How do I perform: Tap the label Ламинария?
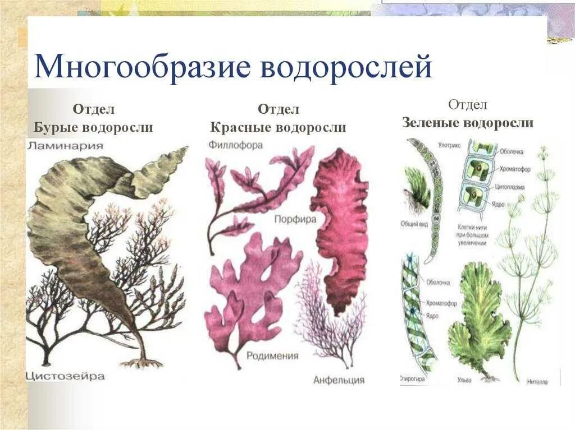65,146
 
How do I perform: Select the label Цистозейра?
66,376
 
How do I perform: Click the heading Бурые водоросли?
93,128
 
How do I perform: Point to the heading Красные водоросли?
278,128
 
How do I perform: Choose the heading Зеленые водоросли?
467,123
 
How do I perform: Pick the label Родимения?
272,356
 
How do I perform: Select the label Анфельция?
339,380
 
